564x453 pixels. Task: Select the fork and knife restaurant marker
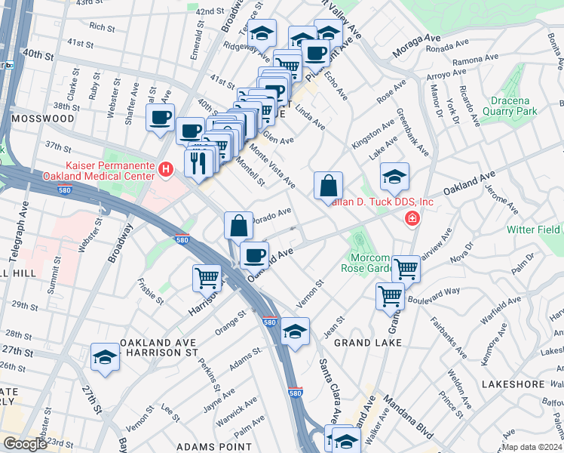click(197, 162)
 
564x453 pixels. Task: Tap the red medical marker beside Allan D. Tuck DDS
click(412, 220)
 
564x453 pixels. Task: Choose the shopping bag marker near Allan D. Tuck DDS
click(328, 186)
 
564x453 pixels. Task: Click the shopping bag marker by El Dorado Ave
click(238, 226)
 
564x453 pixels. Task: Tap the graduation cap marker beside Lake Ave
click(394, 177)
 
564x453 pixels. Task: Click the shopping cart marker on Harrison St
click(207, 277)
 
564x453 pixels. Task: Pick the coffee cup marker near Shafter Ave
click(160, 118)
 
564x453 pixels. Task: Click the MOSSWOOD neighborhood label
click(42, 119)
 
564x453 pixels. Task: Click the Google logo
click(25, 444)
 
